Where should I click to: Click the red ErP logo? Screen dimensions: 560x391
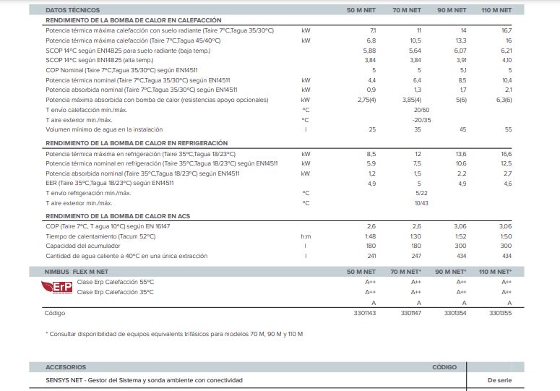coord(57,287)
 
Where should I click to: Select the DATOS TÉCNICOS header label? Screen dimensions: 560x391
coord(73,10)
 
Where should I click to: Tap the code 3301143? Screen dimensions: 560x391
coord(365,313)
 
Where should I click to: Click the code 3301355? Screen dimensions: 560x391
coord(500,313)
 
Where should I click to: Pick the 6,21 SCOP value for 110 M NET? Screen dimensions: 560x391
coord(506,51)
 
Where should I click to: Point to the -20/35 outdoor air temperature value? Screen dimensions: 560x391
coord(421,120)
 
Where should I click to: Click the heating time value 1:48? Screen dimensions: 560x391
coord(371,236)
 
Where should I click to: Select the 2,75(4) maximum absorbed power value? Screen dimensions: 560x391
coord(367,100)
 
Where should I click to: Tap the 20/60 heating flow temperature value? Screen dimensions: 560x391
coord(421,110)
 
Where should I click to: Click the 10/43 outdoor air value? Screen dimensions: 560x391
coord(421,203)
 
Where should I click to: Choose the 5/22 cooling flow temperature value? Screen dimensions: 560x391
coord(421,193)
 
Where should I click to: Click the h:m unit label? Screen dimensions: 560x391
coord(306,236)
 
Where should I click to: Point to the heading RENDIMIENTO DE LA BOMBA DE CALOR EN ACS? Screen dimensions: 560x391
coord(118,216)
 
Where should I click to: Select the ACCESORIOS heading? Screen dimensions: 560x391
coord(66,367)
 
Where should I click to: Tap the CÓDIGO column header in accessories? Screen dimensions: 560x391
coord(444,367)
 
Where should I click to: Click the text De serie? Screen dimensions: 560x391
coord(499,380)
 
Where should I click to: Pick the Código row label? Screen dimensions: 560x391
coord(55,313)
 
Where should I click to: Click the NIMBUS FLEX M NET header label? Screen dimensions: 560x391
coord(76,272)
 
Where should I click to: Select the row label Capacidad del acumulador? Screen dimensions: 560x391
coord(83,246)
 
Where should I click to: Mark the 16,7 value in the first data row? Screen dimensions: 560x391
coord(507,30)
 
